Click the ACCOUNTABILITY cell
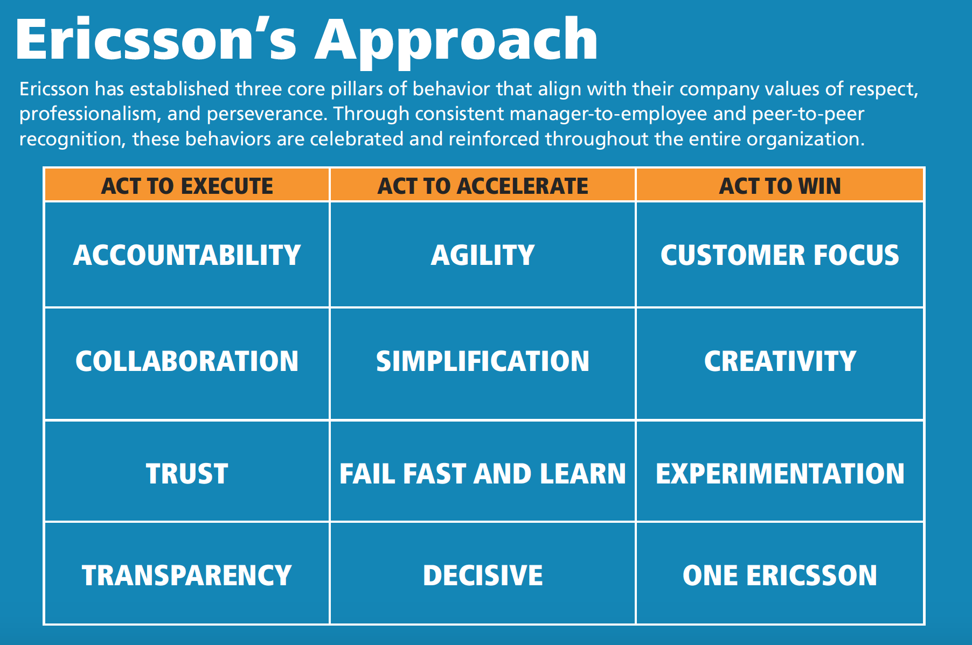(187, 255)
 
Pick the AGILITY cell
(483, 255)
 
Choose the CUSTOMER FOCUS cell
(780, 255)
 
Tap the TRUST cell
(187, 471)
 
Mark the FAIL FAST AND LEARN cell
(483, 471)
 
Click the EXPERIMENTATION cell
(780, 471)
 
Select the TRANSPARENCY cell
(187, 573)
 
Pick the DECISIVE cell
(483, 573)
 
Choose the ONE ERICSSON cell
(780, 573)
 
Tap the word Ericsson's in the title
(156, 39)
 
